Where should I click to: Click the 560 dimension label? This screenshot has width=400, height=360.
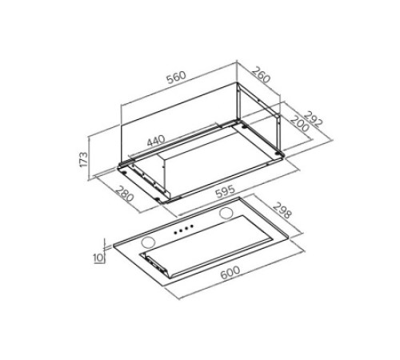176,77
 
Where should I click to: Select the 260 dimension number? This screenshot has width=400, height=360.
262,75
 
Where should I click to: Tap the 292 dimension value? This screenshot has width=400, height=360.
314,119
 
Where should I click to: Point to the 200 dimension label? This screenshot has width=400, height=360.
300,123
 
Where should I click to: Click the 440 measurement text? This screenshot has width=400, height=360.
156,141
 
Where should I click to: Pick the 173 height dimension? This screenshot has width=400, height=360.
83,159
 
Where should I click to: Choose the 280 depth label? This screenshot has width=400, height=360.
124,194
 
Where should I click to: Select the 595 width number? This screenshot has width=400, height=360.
226,191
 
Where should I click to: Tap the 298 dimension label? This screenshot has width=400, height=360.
282,210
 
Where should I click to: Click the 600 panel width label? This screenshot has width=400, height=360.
230,273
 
